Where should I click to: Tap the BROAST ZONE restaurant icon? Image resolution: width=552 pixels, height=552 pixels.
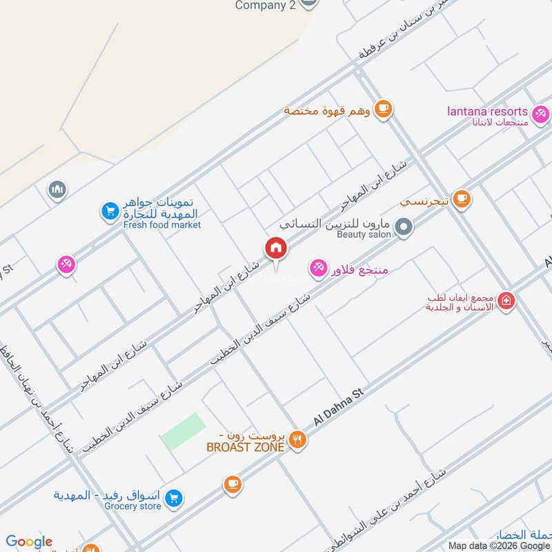tap(297, 440)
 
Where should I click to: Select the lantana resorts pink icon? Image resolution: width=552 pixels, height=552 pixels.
tap(540, 112)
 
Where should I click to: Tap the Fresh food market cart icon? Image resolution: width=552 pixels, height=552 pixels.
tap(110, 212)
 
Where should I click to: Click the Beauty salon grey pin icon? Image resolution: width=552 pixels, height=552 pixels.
tap(405, 226)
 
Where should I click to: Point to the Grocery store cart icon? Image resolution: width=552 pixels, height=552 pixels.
tap(175, 497)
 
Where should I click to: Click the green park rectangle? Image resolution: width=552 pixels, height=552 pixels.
tap(183, 431)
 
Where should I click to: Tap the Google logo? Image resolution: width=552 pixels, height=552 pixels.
tap(29, 542)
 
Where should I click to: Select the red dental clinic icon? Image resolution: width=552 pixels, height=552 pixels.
tap(506, 301)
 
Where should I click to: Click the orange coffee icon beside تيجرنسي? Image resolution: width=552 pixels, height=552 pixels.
tap(462, 200)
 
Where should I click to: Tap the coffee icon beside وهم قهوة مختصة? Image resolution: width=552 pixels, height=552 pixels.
tap(384, 108)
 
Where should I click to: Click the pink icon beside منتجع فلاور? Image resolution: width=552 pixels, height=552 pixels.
tap(318, 267)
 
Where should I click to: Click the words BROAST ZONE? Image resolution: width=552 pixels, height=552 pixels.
tap(246, 447)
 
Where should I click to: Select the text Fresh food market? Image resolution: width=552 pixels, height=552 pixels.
tap(162, 225)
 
